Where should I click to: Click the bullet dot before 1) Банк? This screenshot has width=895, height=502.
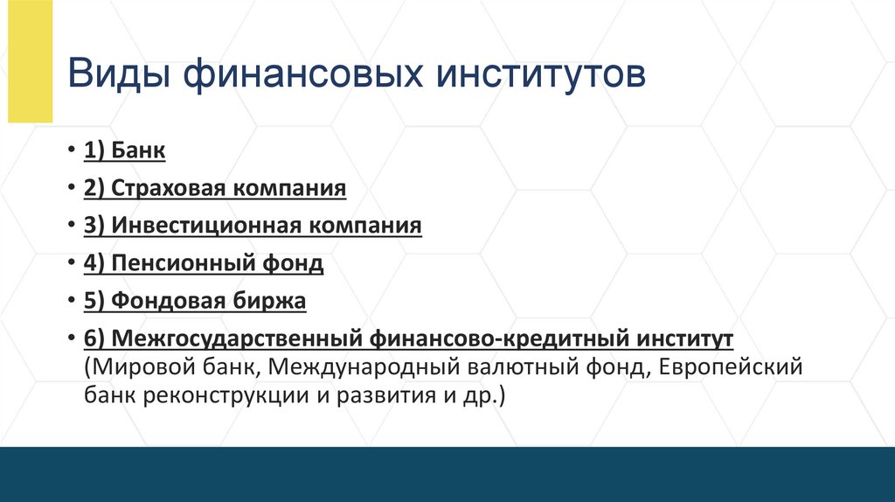coord(71,151)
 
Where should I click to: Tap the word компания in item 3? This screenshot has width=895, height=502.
coord(366,226)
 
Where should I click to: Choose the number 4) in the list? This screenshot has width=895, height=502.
coord(94,263)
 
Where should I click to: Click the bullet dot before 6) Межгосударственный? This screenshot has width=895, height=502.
coord(71,339)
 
